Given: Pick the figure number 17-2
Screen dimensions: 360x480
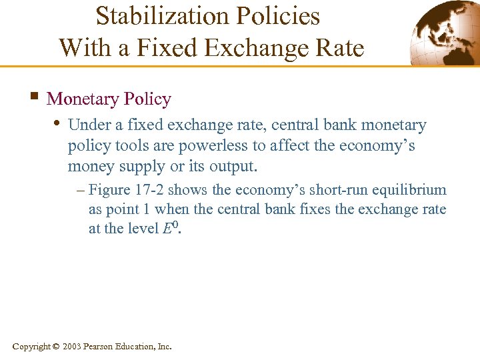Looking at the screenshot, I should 149,190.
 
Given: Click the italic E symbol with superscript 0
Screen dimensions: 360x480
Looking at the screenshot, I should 169,228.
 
